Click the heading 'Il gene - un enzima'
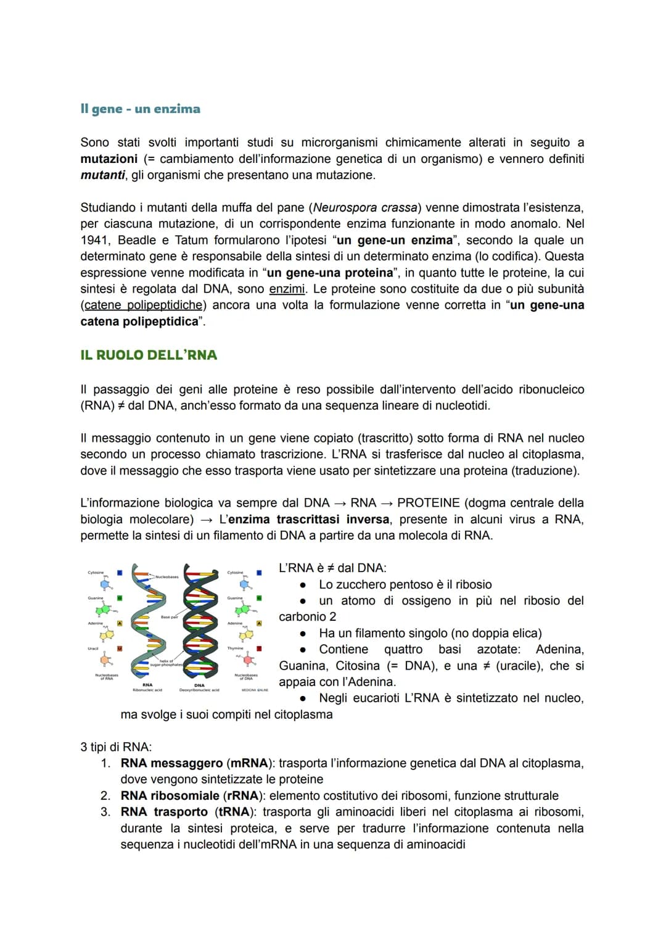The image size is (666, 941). (x=140, y=109)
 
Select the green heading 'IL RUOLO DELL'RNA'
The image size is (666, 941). (x=149, y=355)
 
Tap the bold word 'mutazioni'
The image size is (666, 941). (x=109, y=159)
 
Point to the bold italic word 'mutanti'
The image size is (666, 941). (x=102, y=175)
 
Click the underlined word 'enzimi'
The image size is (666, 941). (x=287, y=289)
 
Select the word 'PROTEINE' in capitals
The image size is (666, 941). (x=429, y=504)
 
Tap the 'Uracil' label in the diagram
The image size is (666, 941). (x=93, y=649)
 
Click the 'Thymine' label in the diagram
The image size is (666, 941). (x=235, y=649)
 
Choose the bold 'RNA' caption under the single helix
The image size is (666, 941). (x=147, y=685)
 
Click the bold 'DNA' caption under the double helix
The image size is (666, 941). (x=199, y=685)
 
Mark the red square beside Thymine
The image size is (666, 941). (x=260, y=649)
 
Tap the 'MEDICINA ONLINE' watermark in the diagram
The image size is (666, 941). (x=255, y=690)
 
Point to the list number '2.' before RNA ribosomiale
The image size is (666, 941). (x=105, y=796)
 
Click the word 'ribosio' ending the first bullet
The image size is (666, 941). (x=473, y=585)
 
